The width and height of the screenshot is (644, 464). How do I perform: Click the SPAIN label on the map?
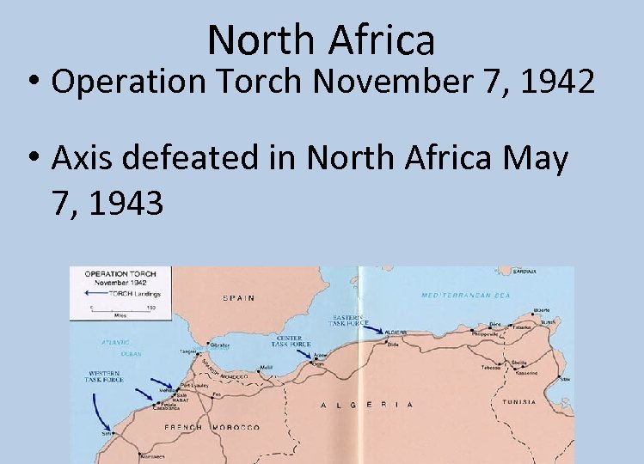[x=239, y=298]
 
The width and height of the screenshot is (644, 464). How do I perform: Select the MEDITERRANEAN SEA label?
[x=465, y=295]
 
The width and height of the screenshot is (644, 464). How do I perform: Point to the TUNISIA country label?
[x=518, y=402]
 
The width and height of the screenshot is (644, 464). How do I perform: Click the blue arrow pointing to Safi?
[x=101, y=418]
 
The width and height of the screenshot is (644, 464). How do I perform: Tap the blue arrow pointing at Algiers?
[x=373, y=327]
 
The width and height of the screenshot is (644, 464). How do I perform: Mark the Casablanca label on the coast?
[x=167, y=407]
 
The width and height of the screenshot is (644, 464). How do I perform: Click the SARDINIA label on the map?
[x=524, y=272]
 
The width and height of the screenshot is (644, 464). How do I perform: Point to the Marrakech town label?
[x=130, y=455]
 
